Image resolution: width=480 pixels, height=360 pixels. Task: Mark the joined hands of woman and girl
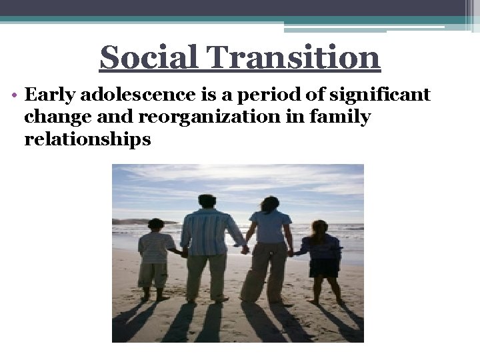coord(292,252)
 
